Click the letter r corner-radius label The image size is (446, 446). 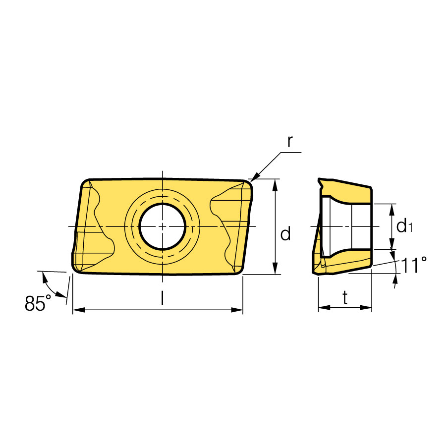tap(290, 142)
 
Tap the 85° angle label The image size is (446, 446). tap(38, 303)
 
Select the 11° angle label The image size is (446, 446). tap(414, 265)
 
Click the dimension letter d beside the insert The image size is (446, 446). tap(285, 234)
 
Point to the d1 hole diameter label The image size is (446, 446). tap(404, 226)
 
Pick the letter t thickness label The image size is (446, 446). tap(345, 298)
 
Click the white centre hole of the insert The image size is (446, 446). tap(163, 226)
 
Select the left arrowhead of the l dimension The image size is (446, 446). tap(79, 310)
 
